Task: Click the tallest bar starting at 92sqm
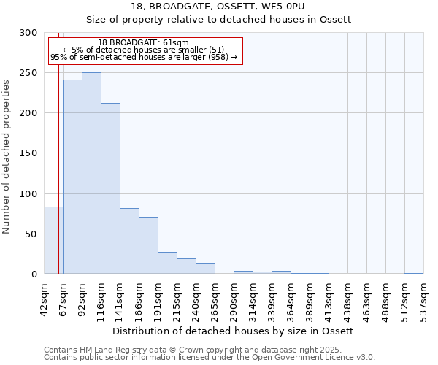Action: click(x=91, y=173)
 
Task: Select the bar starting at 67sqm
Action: click(x=72, y=177)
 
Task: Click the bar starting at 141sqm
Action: click(x=129, y=241)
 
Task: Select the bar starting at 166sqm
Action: click(x=148, y=245)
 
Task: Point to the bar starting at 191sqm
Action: click(x=167, y=263)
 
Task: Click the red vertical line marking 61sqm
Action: click(x=58, y=146)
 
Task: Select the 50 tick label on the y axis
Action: click(x=31, y=234)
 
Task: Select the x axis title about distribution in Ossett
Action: click(x=233, y=331)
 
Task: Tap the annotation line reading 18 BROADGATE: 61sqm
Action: click(x=143, y=43)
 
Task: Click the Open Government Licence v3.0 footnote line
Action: click(x=210, y=358)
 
